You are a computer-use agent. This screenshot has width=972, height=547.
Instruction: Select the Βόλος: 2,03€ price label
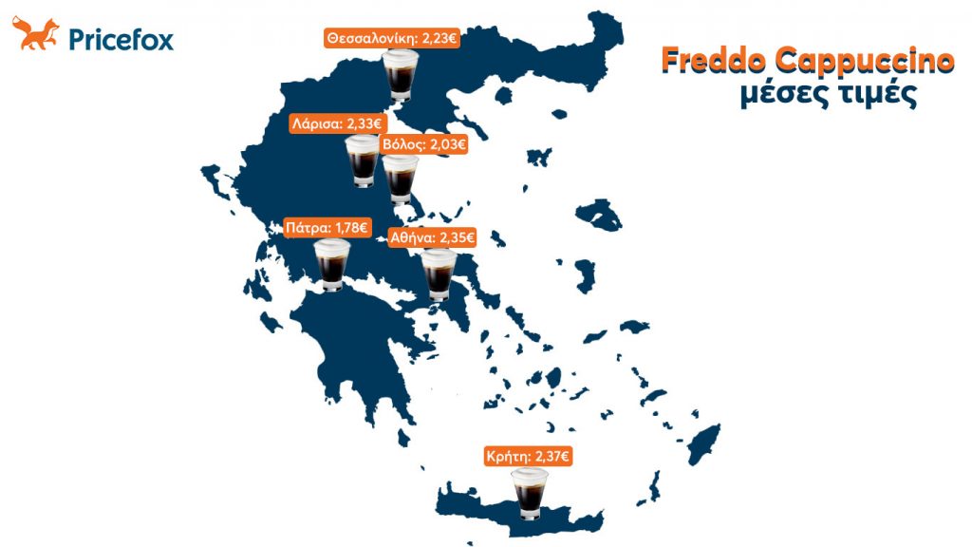click(x=423, y=144)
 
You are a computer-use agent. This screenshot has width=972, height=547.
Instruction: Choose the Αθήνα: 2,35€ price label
click(x=432, y=238)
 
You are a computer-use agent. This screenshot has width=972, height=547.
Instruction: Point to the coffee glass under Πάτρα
click(x=332, y=264)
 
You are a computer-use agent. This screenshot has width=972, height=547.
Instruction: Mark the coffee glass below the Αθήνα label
click(x=439, y=273)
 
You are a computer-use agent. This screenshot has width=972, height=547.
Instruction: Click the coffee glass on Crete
click(x=530, y=495)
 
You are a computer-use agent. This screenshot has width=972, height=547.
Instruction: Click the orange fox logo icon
click(x=35, y=36)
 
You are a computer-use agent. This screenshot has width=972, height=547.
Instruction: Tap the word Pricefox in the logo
click(x=121, y=40)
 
